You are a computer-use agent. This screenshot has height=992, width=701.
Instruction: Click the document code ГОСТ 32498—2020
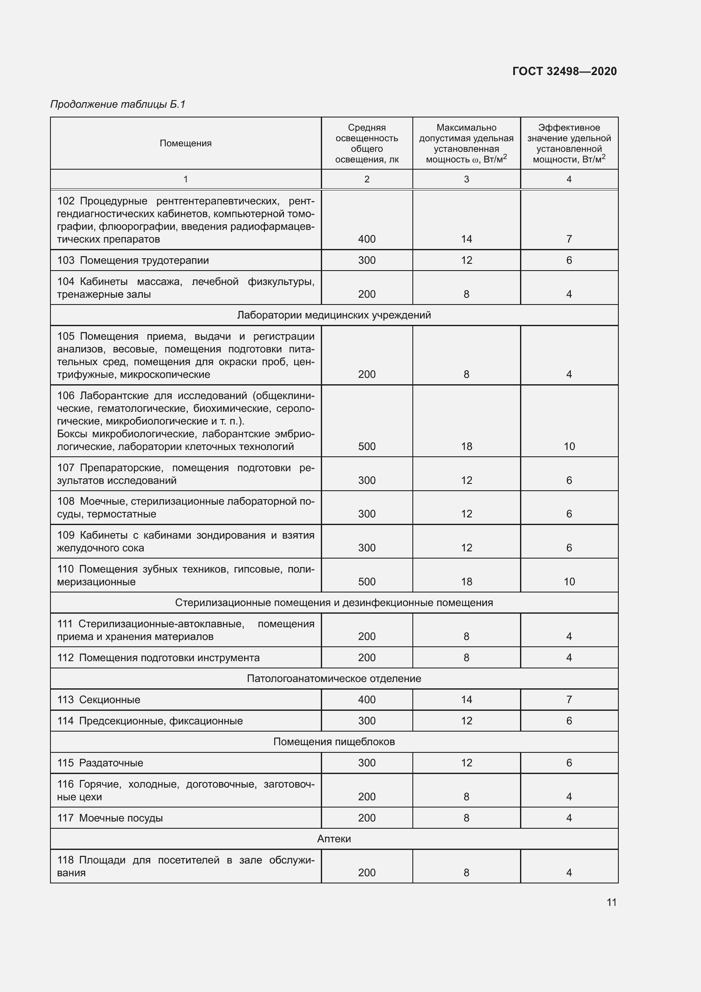[565, 71]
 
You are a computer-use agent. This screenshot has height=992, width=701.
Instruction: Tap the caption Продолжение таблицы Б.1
[118, 104]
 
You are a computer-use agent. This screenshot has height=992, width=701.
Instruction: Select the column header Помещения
[186, 143]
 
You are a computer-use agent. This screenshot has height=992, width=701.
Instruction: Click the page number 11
[611, 902]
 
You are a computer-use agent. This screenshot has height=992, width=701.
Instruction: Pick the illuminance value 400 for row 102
[367, 239]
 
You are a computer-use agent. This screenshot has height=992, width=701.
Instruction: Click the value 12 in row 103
[466, 260]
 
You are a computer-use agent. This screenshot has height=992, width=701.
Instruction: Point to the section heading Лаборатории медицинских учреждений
[334, 315]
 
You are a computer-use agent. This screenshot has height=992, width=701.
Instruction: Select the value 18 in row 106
[466, 446]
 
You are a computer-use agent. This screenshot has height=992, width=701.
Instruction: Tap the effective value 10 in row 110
[569, 581]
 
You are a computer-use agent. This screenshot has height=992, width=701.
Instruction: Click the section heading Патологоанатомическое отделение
[334, 678]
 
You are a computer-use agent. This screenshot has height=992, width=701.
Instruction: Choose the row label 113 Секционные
[99, 699]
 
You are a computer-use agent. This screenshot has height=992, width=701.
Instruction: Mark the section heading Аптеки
[334, 838]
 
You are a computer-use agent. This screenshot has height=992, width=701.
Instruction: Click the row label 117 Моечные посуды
[110, 818]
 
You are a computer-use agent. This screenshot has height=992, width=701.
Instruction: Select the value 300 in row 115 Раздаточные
[367, 763]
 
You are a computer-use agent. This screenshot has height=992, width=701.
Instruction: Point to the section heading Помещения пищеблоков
[334, 741]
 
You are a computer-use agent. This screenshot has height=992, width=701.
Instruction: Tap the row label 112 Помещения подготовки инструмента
[159, 658]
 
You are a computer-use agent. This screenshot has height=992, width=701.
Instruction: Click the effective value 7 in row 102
[569, 239]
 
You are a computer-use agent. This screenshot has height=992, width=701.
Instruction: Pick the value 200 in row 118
[367, 872]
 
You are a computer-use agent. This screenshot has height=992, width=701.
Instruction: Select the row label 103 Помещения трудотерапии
[133, 260]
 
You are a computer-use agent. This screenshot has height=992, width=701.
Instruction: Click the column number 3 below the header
[466, 179]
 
